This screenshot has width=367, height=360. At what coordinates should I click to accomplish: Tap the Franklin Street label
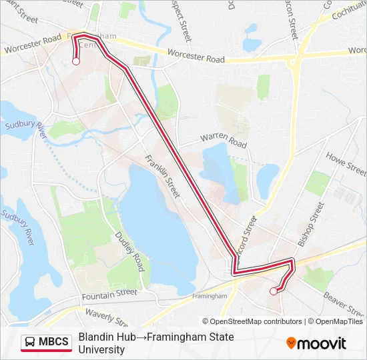click(163, 176)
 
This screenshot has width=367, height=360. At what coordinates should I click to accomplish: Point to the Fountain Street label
click(109, 293)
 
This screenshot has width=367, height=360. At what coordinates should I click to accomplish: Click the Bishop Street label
click(310, 225)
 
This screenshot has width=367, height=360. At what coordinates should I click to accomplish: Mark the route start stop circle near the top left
click(76, 61)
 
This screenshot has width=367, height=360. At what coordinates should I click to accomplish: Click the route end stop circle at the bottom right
click(273, 291)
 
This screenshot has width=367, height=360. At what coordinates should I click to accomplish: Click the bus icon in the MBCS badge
click(30, 343)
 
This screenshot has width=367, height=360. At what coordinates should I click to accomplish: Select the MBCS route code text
click(53, 343)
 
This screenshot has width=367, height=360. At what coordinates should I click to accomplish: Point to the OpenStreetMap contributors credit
click(256, 321)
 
